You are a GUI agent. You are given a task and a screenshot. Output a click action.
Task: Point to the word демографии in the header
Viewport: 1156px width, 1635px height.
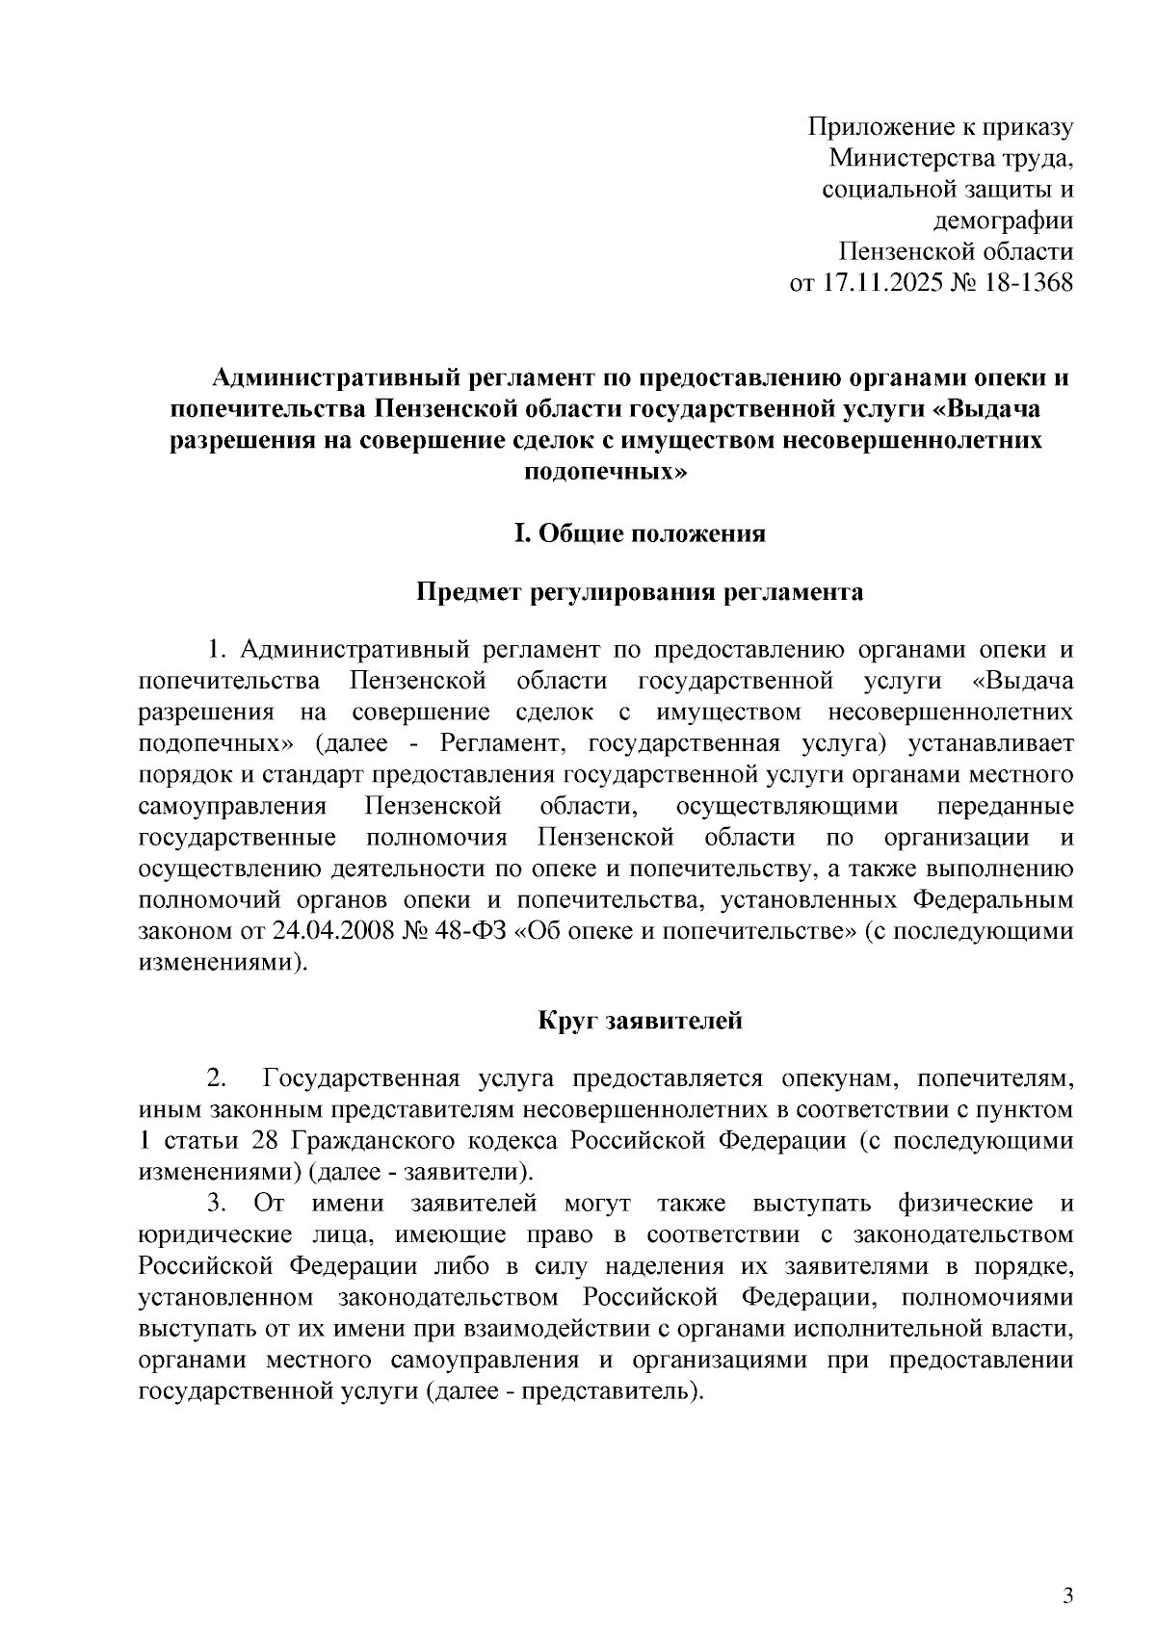click(1004, 221)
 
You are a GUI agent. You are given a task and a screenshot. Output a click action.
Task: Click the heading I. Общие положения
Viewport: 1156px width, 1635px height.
click(640, 532)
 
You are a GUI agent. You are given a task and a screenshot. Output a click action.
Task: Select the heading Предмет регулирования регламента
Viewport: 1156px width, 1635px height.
click(640, 591)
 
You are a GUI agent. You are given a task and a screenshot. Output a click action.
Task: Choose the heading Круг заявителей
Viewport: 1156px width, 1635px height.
click(640, 1020)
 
